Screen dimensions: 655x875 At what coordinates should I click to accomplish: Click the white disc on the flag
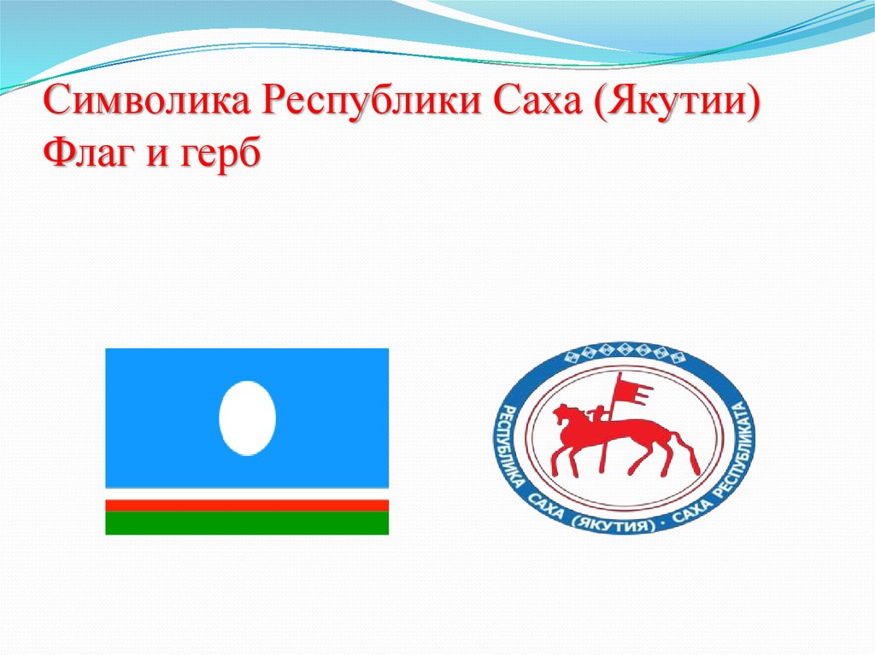click(247, 418)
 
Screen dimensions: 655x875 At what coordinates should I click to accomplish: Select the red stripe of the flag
click(247, 505)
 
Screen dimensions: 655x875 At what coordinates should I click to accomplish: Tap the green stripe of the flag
click(247, 523)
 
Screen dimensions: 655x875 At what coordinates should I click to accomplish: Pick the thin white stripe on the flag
click(247, 495)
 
